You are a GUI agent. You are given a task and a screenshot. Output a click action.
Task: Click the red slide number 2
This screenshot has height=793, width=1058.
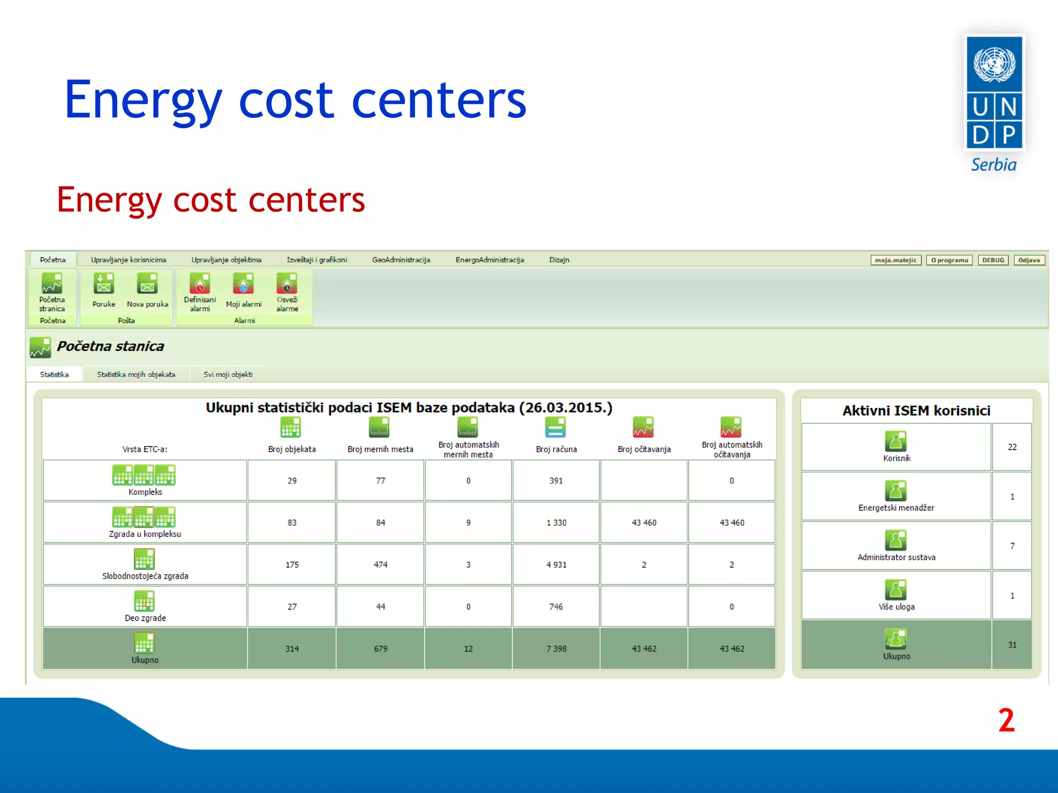pyautogui.click(x=1006, y=720)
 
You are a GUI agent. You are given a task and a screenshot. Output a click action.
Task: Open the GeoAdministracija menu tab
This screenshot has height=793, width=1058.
pyautogui.click(x=401, y=260)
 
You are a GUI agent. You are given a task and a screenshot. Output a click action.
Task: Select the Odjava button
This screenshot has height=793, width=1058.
pyautogui.click(x=1029, y=260)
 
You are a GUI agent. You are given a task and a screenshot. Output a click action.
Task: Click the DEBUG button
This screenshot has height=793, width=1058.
pyautogui.click(x=993, y=260)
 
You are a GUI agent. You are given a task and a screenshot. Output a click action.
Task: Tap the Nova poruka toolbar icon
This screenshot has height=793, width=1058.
pyautogui.click(x=147, y=284)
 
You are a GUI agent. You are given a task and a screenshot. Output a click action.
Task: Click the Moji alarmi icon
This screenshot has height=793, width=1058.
pyautogui.click(x=243, y=284)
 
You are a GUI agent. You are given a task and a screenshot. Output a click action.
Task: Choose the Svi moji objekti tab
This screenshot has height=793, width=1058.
pyautogui.click(x=228, y=374)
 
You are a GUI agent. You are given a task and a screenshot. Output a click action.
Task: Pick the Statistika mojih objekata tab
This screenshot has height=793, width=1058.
pyautogui.click(x=136, y=374)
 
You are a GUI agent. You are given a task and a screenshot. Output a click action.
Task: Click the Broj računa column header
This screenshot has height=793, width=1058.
pyautogui.click(x=556, y=449)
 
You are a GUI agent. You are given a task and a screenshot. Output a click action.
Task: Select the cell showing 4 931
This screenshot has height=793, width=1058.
pyautogui.click(x=556, y=565)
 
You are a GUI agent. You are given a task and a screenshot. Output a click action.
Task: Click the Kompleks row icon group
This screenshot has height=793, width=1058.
pyautogui.click(x=144, y=475)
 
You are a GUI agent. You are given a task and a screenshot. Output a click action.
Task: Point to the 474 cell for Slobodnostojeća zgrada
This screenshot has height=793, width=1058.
pyautogui.click(x=380, y=565)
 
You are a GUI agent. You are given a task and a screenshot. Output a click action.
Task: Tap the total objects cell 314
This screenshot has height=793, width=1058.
pyautogui.click(x=292, y=649)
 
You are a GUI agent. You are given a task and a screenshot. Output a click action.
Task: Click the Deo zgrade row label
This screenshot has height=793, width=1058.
pyautogui.click(x=145, y=618)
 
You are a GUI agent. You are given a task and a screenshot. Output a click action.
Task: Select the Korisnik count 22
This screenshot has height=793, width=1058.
pyautogui.click(x=1012, y=447)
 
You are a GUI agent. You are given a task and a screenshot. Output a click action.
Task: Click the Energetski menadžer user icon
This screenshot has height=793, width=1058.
pyautogui.click(x=896, y=491)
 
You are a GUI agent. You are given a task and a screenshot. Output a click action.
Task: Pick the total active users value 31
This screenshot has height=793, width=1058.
pyautogui.click(x=1012, y=645)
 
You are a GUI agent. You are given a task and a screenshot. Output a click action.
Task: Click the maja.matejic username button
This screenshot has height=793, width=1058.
pyautogui.click(x=895, y=260)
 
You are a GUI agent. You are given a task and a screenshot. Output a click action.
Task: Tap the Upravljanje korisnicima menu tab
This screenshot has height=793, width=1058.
pyautogui.click(x=129, y=260)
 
